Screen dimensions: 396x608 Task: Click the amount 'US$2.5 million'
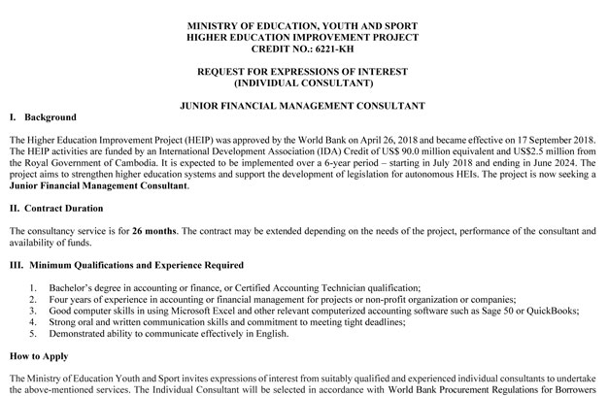click(x=532, y=154)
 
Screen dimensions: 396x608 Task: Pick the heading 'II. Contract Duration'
click(x=55, y=207)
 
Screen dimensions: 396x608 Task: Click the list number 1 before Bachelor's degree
click(x=34, y=288)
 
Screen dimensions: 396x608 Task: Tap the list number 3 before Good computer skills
click(x=34, y=311)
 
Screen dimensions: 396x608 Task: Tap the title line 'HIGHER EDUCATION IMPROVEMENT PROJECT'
click(x=304, y=34)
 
